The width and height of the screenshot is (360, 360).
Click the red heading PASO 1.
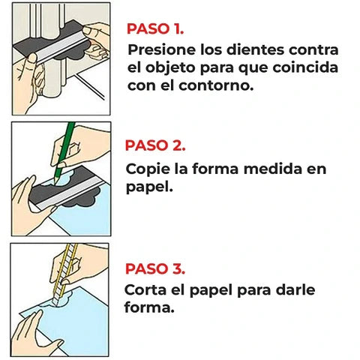click(155, 30)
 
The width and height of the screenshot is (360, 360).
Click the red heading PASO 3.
click(156, 268)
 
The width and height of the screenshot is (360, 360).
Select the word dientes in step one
click(255, 50)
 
